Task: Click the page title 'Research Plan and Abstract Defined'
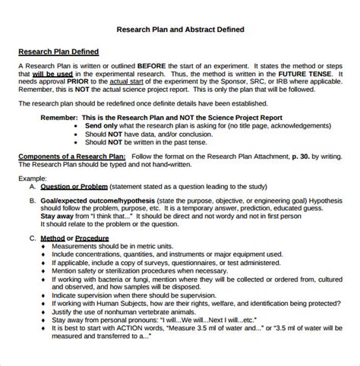point(180,31)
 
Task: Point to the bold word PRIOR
point(95,84)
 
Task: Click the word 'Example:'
point(33,176)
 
